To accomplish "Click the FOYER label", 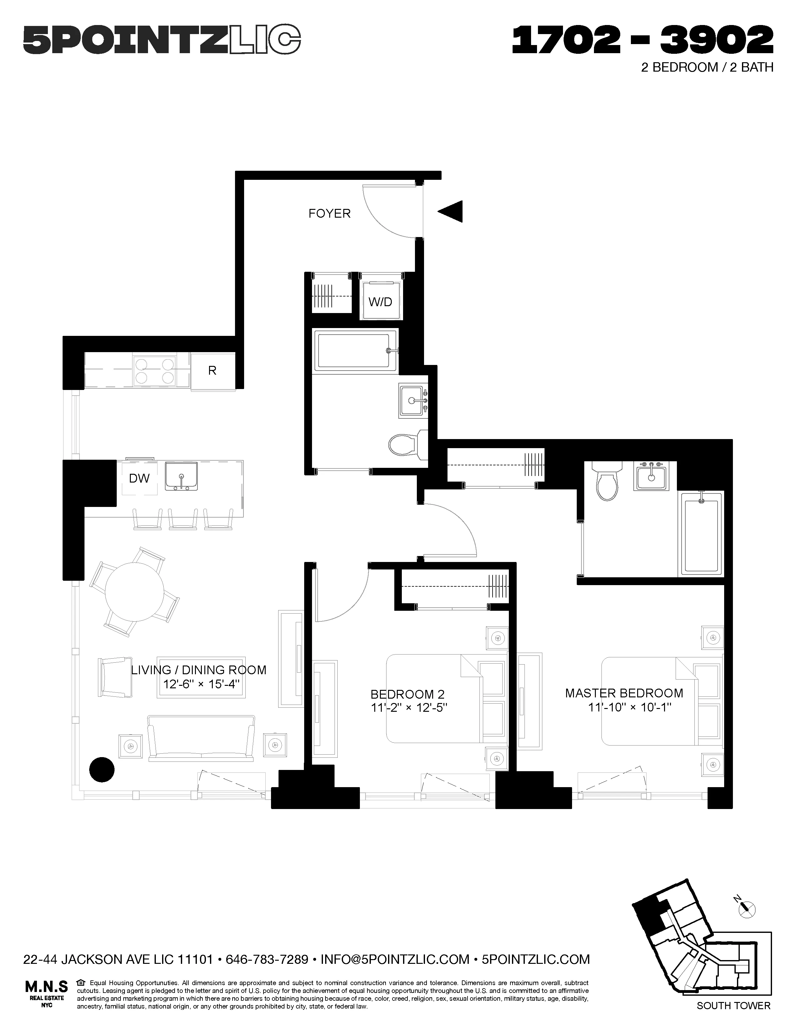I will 330,214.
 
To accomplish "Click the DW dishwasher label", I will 140,478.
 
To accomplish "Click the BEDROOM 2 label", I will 407,694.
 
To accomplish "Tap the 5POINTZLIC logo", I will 162,40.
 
